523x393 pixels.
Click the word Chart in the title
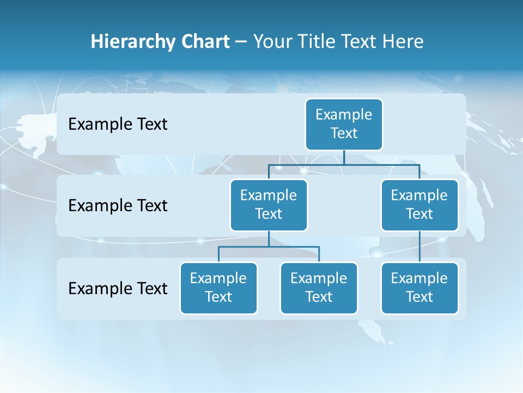(x=205, y=42)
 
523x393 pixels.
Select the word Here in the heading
(x=403, y=42)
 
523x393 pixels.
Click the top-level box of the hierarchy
(x=344, y=124)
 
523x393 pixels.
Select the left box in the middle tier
(x=269, y=205)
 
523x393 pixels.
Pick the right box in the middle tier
(x=419, y=205)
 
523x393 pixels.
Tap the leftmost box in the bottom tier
(x=218, y=288)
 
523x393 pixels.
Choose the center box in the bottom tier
(x=319, y=288)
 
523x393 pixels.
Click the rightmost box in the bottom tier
(x=419, y=288)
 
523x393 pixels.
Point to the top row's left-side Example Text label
(x=118, y=124)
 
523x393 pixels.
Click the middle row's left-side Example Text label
(x=118, y=206)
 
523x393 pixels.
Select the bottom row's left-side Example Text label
(x=118, y=288)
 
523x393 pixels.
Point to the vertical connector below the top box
(x=344, y=158)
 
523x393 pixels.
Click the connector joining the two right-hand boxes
(x=419, y=247)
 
